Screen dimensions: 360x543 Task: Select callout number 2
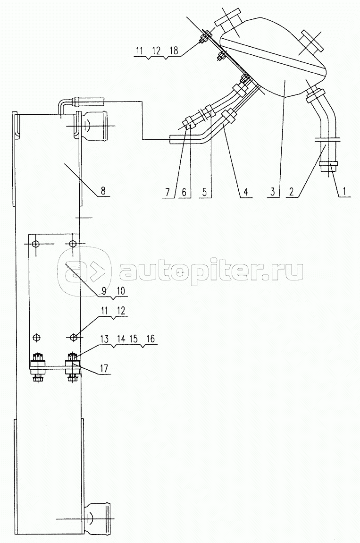[291, 191]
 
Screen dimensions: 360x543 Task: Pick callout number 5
[205, 191]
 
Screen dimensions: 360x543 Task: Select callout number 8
[103, 190]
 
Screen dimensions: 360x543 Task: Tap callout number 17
[104, 368]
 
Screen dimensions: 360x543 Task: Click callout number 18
[174, 51]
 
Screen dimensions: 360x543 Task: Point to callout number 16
[151, 339]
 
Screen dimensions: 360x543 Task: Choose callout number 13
[105, 339]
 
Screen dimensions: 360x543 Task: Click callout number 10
[121, 291]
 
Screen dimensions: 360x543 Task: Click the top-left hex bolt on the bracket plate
[35, 244]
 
